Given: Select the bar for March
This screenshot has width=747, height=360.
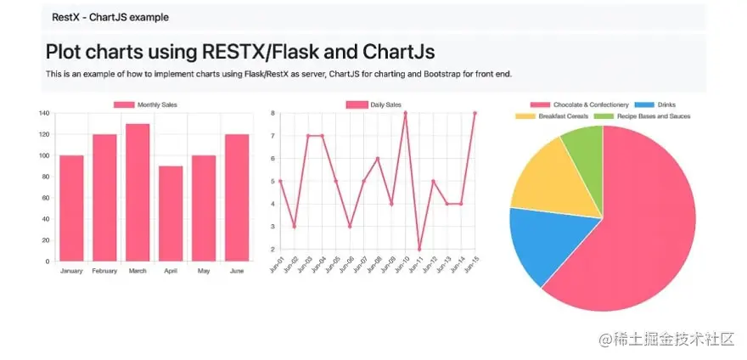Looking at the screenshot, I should tap(138, 193).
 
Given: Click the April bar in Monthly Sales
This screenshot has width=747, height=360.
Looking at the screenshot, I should tap(171, 213).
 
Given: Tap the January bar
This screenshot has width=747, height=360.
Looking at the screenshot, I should tap(71, 208).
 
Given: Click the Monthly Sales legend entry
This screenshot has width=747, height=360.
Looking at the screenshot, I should tap(146, 104).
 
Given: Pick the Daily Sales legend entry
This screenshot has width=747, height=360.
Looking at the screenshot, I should tap(373, 104).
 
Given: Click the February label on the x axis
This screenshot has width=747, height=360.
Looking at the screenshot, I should tap(104, 270).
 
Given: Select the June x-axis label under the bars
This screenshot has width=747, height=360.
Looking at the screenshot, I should tap(237, 270).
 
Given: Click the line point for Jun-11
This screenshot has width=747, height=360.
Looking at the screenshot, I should tap(419, 249).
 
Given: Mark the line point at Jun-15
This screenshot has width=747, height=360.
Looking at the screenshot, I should tap(475, 113).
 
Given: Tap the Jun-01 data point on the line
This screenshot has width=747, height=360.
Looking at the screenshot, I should tap(280, 181).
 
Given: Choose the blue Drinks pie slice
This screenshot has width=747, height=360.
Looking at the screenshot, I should tap(543, 245).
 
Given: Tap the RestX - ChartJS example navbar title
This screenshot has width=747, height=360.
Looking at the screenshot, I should tap(110, 17).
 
